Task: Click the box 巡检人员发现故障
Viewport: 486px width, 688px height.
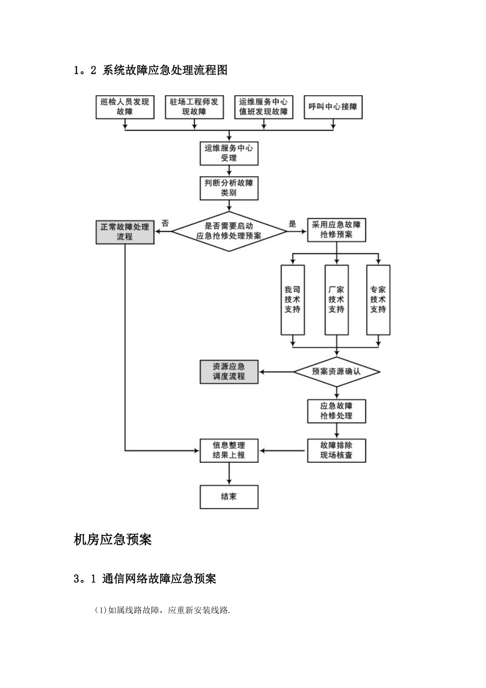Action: (x=124, y=107)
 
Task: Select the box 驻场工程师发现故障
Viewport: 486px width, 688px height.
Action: (x=194, y=107)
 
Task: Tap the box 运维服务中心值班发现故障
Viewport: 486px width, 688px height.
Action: (x=263, y=107)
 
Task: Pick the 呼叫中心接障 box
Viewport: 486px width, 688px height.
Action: (x=333, y=107)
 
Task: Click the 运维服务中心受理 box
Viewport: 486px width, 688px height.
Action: (x=229, y=153)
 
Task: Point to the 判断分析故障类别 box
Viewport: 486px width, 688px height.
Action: (x=229, y=188)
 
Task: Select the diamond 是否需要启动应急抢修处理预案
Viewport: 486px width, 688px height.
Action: (x=229, y=231)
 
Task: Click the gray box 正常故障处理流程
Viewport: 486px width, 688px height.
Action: (x=124, y=232)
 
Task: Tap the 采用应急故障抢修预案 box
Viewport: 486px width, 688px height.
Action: (x=337, y=230)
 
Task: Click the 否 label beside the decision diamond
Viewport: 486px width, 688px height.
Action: (x=165, y=223)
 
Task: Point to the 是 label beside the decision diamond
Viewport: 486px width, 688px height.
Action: (x=293, y=223)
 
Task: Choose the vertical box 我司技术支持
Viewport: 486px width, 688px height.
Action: (x=293, y=299)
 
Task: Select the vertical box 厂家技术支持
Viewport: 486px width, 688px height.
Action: (x=337, y=299)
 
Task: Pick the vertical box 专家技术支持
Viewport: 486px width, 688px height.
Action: (x=378, y=299)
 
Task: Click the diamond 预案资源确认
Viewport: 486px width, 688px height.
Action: (x=337, y=372)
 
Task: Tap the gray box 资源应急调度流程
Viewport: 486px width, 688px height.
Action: (x=229, y=372)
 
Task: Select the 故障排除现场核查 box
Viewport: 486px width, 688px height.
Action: (x=337, y=450)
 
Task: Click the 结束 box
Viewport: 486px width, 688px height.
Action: (x=229, y=497)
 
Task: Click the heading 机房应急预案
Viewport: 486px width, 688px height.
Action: (x=113, y=540)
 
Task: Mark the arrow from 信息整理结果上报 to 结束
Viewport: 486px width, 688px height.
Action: (x=229, y=474)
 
